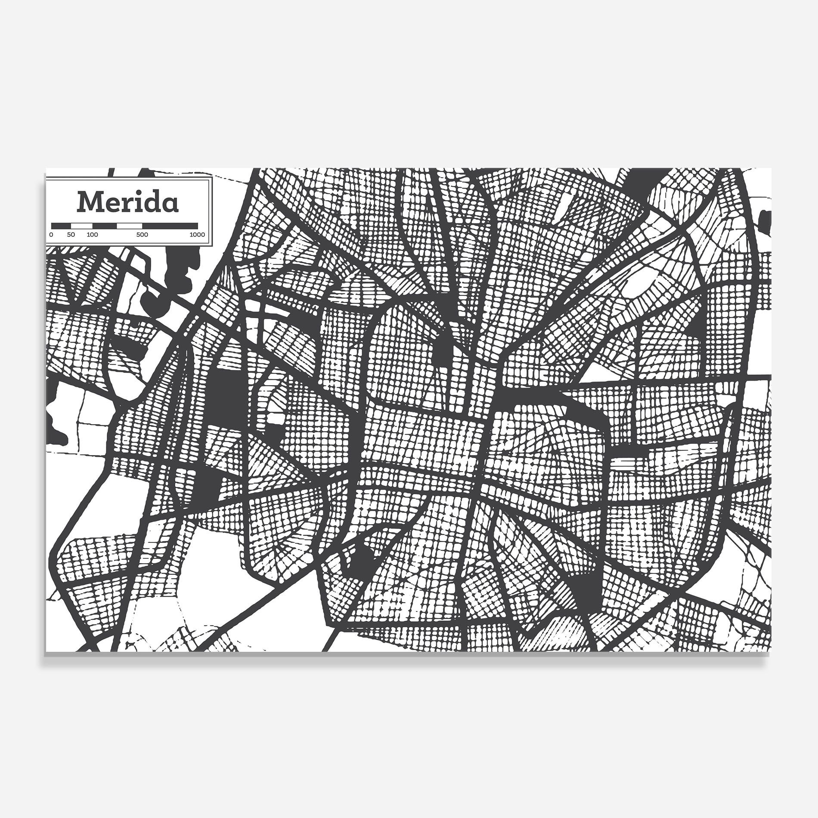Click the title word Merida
pos(127,202)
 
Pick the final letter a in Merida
pos(171,205)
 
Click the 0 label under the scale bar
pos(51,235)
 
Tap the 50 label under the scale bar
pos(71,235)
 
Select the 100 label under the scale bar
pos(92,235)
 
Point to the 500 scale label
pos(142,235)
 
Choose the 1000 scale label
pos(197,235)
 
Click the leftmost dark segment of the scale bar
pos(61,225)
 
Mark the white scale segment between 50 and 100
pos(82,225)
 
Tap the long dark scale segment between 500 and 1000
pos(170,225)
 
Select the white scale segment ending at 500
pos(129,225)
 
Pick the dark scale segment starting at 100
pos(105,225)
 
